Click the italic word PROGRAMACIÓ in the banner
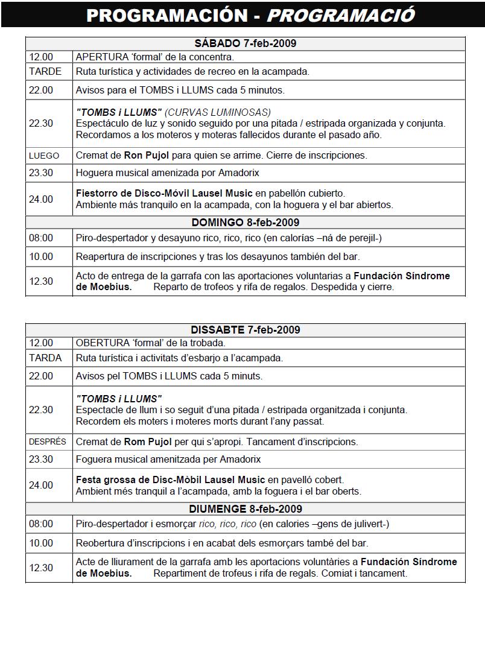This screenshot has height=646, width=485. pos(341,15)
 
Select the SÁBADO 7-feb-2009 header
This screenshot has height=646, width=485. pos(246,43)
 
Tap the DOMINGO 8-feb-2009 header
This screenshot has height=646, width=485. pos(246,223)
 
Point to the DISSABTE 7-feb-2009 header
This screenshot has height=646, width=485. pos(246,330)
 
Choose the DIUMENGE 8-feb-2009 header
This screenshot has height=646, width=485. pos(246,509)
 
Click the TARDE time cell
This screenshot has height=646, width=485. pos(45,71)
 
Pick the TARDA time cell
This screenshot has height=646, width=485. pos(45,358)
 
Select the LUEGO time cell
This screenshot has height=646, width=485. pos(44,156)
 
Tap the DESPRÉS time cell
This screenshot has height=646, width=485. pos(48,442)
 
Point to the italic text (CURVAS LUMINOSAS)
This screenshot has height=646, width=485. pos(218,112)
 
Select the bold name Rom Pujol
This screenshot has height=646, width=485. pos(147,442)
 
